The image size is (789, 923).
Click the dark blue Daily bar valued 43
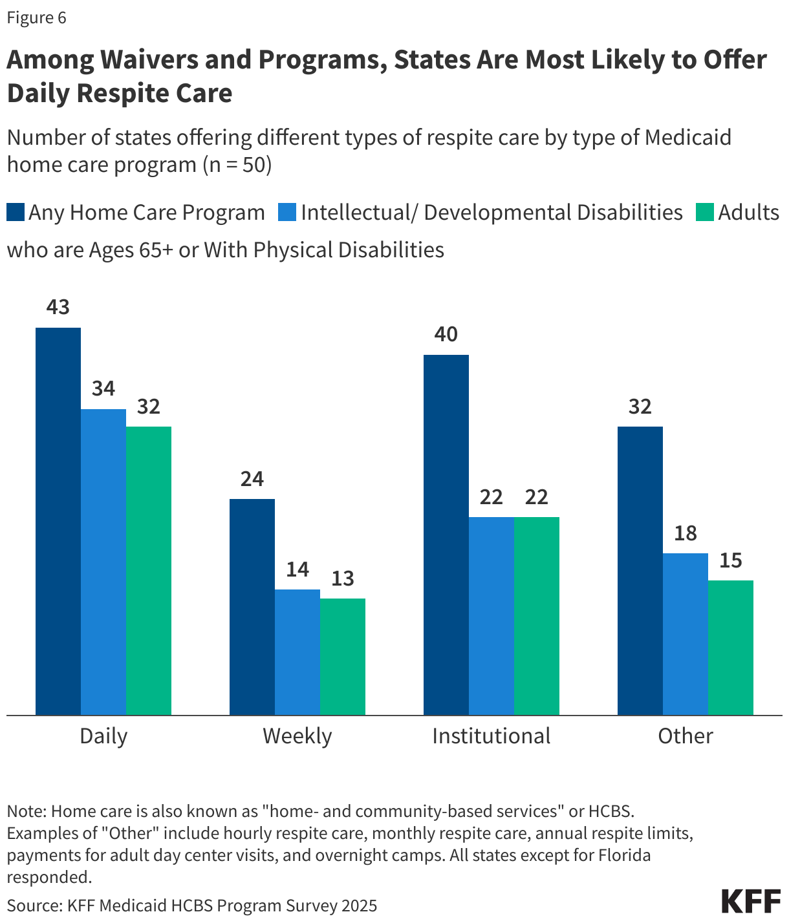58,520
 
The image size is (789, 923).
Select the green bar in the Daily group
149,570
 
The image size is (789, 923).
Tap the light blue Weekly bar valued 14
297,652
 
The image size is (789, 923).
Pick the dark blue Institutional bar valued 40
446,534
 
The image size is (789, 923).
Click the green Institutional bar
537,615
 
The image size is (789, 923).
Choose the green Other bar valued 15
731,647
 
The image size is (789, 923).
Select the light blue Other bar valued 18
686,633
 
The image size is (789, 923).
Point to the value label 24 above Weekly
252,479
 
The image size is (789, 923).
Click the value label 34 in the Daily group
103,388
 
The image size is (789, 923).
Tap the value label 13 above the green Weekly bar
343,578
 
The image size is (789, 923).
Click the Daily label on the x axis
103,736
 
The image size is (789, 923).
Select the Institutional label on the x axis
492,736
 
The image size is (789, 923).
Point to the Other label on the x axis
686,736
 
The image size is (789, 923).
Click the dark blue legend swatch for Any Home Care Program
16,213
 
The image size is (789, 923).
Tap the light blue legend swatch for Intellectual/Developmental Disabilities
287,213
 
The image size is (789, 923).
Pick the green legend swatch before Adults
704,213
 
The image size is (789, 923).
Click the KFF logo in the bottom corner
751,901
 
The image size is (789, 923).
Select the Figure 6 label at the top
36,17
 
